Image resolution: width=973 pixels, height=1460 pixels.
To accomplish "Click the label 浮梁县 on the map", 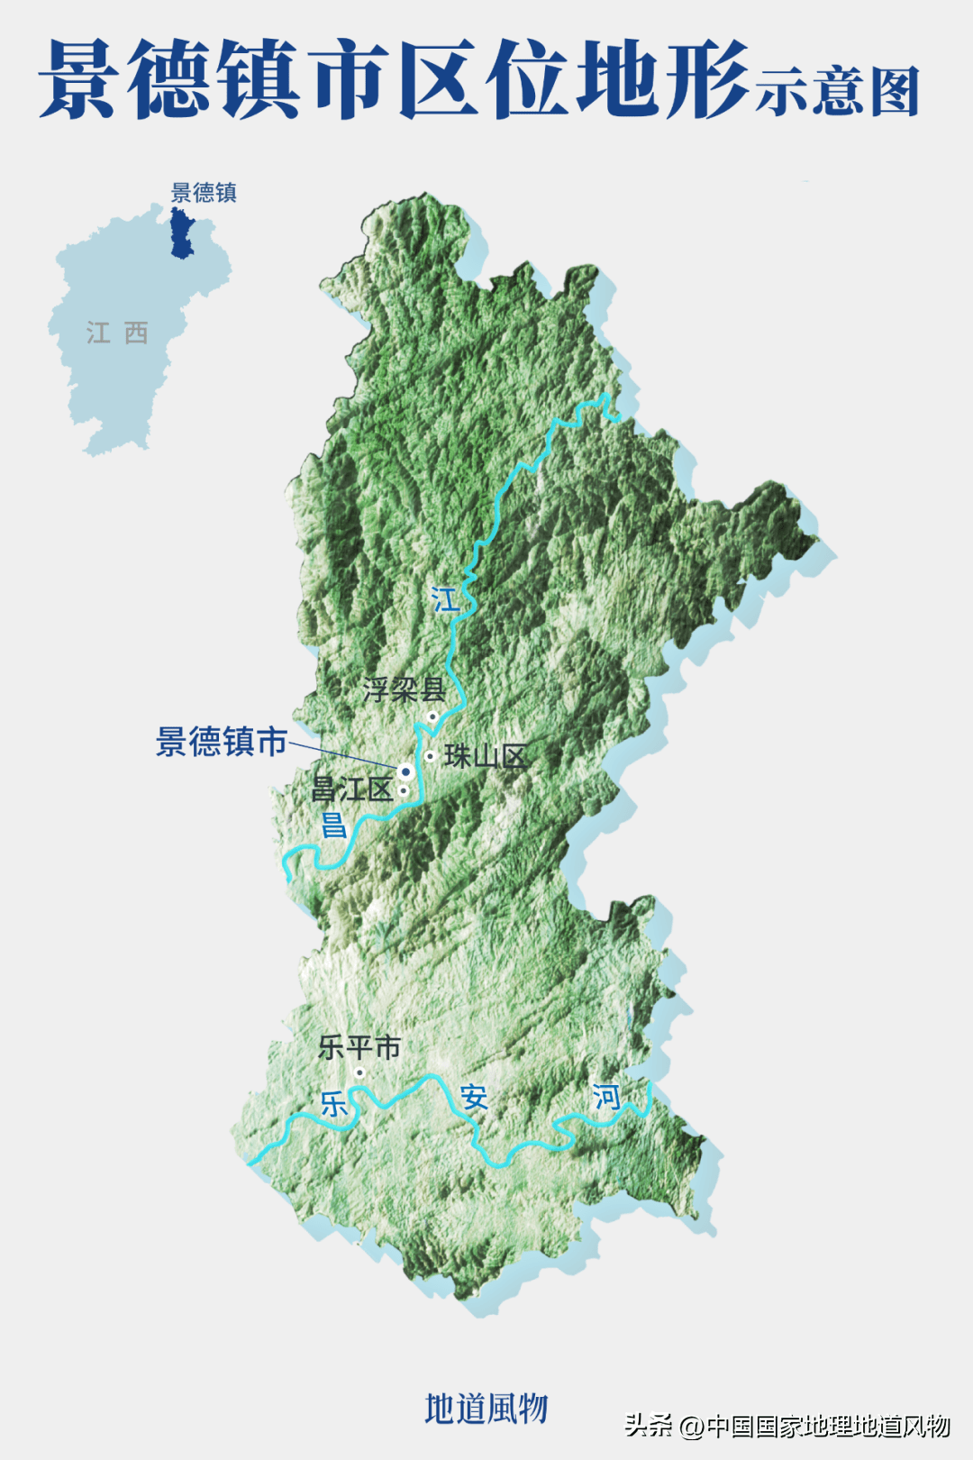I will [404, 690].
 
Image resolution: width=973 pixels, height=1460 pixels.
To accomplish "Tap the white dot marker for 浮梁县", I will [432, 717].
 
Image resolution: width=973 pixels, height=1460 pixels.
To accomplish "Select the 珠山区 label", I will [486, 756].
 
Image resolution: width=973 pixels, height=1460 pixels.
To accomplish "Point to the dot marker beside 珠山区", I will [431, 755].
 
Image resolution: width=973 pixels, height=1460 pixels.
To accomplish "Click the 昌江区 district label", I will [352, 790].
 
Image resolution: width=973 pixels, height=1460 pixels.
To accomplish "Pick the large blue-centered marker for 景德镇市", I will [405, 771].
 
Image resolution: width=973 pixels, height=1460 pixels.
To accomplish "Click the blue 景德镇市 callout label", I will [222, 742].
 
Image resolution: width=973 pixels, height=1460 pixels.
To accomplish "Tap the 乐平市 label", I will [359, 1047].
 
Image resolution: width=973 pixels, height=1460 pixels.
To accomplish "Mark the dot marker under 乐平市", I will [359, 1072].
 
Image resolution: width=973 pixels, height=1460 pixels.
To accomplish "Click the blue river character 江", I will [445, 599].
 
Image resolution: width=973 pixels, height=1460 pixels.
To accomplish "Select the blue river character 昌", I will [333, 825].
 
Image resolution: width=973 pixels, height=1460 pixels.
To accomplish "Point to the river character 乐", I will [333, 1103].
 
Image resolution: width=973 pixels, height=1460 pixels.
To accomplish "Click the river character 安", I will [474, 1098].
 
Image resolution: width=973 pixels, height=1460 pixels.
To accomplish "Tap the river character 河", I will [606, 1097].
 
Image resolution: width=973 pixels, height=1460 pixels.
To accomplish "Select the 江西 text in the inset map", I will [117, 333].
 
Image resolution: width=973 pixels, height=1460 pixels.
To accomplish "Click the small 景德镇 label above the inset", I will [204, 193].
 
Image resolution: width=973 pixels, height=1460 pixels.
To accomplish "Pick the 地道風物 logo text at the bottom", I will [486, 1408].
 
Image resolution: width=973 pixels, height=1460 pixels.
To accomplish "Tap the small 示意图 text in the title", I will [837, 91].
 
